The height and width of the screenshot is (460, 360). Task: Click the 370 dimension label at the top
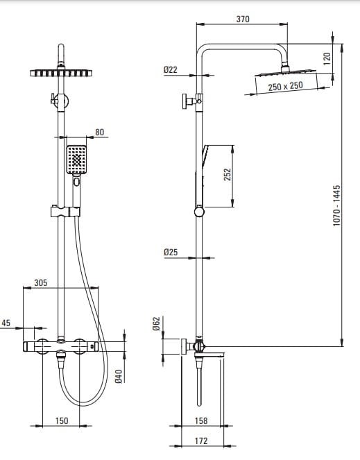[243, 19]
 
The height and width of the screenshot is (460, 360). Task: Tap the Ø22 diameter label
[171, 70]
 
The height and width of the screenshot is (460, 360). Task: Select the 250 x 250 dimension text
[285, 86]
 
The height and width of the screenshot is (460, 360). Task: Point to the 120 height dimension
[327, 58]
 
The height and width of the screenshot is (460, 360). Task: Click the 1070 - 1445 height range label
[337, 205]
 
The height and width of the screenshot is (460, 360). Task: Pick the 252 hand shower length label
[228, 174]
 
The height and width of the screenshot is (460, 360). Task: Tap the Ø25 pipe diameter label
[171, 252]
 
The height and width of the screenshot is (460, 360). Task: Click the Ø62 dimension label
[157, 323]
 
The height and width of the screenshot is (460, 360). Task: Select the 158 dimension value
[201, 420]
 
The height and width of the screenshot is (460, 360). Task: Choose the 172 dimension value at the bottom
[201, 441]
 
